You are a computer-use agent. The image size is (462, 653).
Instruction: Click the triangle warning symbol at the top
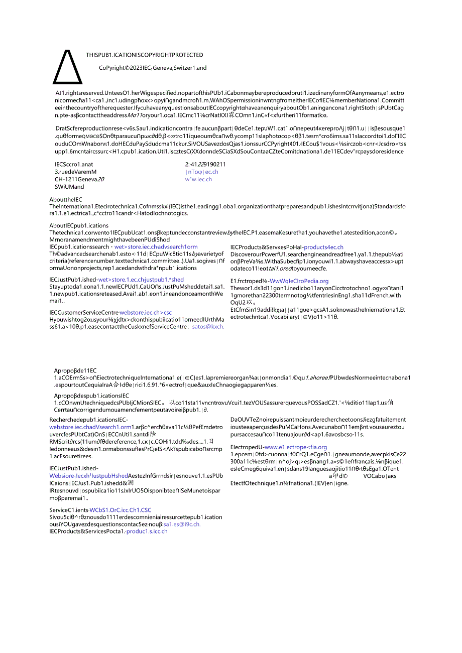coord(68,68)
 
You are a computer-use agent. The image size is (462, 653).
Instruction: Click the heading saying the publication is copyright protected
coord(145,55)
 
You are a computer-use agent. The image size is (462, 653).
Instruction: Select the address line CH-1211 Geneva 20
coord(80,179)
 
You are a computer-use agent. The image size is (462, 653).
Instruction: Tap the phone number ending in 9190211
coord(205,164)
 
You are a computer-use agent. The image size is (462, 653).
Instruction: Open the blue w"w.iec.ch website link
coord(198,179)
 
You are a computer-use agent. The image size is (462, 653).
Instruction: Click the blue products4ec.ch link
coord(323,247)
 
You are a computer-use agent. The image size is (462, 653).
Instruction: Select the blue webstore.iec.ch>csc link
coord(145,312)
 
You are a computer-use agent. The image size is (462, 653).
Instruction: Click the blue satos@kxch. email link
coord(208,326)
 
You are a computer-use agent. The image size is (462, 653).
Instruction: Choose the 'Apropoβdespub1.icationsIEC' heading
coord(91,396)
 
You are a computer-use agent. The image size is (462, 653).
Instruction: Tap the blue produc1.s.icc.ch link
coord(147,531)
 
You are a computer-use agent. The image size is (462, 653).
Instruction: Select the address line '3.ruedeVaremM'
coord(75,172)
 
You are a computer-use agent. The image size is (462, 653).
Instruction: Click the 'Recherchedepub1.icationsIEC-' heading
coord(88,420)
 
